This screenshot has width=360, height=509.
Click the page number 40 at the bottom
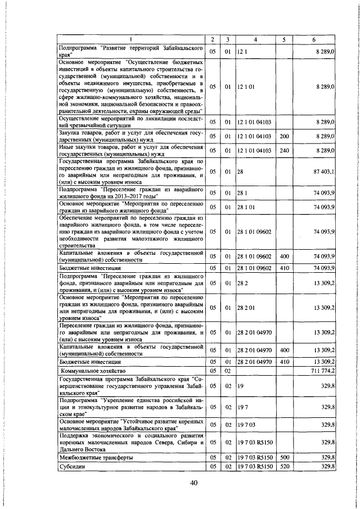tap(195, 483)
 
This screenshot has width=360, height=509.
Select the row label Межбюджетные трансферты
tap(96, 458)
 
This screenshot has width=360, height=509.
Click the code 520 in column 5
tap(284, 466)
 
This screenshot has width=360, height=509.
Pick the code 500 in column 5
tap(284, 458)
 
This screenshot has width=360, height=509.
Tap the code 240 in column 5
tap(284, 151)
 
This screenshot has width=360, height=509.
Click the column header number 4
tap(255, 40)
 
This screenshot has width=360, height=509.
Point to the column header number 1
tap(131, 40)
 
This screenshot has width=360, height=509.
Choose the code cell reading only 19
tap(240, 387)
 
